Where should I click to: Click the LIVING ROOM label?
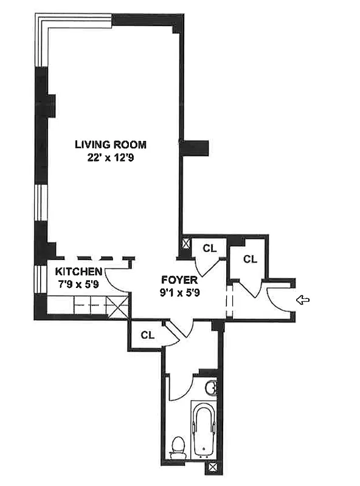(x=111, y=145)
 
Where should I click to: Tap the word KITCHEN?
(x=78, y=272)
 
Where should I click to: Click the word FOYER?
(x=179, y=280)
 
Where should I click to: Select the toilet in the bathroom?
(x=177, y=448)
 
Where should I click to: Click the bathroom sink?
(x=211, y=386)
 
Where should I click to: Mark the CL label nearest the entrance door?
(x=250, y=259)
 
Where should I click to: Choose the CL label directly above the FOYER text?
(x=209, y=248)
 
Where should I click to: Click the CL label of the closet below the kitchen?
(x=147, y=335)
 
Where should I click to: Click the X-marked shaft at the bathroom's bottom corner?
(x=212, y=468)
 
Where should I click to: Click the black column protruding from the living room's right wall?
(x=196, y=147)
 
